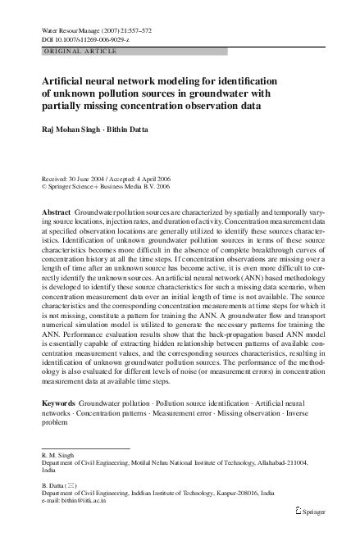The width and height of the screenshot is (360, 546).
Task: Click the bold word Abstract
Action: point(56,212)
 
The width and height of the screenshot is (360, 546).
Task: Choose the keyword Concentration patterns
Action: point(103,416)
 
